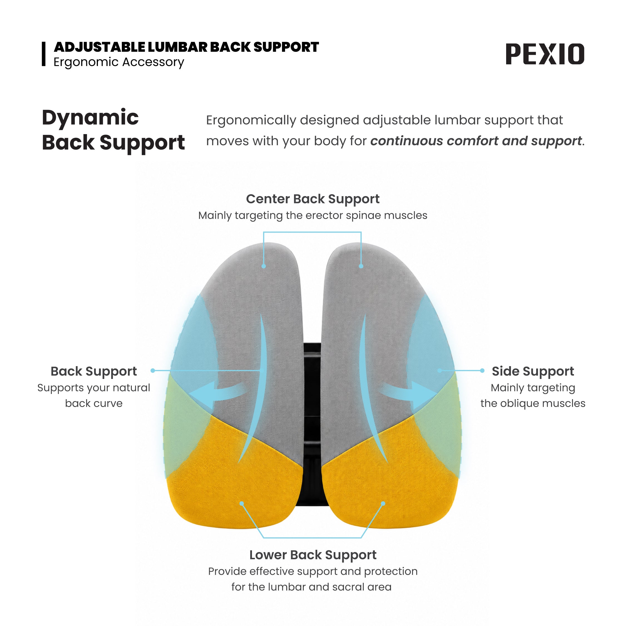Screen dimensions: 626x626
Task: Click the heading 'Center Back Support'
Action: tap(313, 199)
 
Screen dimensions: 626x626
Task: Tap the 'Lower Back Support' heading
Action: tap(313, 555)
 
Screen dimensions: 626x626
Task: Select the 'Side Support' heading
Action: tap(533, 371)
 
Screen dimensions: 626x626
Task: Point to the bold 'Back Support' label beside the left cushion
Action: tap(94, 371)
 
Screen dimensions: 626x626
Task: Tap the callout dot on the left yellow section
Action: tap(242, 504)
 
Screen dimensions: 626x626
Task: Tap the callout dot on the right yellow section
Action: tap(383, 504)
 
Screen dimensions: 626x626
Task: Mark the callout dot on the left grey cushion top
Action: tap(264, 266)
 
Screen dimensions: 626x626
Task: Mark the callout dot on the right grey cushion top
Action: tap(361, 266)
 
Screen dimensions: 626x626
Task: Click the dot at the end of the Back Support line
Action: tap(153, 370)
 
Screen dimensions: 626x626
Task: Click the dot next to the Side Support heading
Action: tap(482, 370)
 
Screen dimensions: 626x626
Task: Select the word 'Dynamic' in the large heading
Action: tap(90, 118)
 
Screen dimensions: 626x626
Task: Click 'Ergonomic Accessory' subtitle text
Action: tap(118, 62)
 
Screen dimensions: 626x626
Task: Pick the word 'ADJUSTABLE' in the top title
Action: tap(100, 47)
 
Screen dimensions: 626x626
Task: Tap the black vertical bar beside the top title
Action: tap(43, 54)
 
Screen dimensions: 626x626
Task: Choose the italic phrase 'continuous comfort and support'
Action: tap(476, 141)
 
